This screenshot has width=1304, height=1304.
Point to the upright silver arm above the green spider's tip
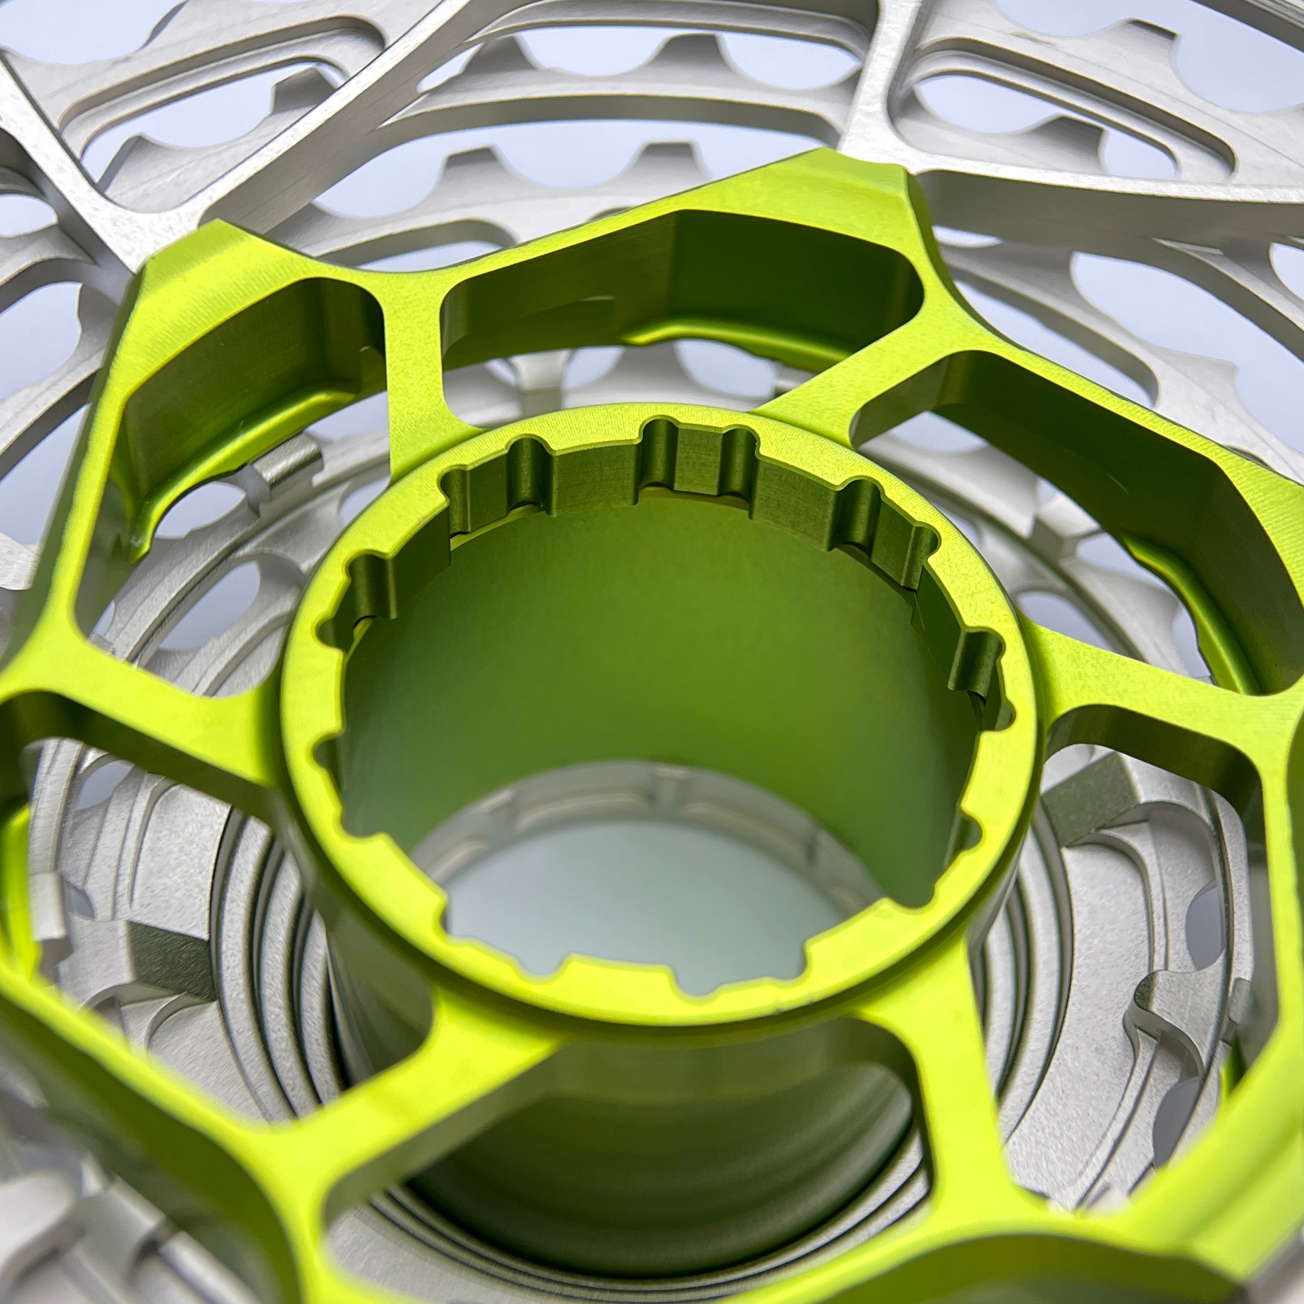pos(878,81)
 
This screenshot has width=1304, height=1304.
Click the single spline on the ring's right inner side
pos(972,668)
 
